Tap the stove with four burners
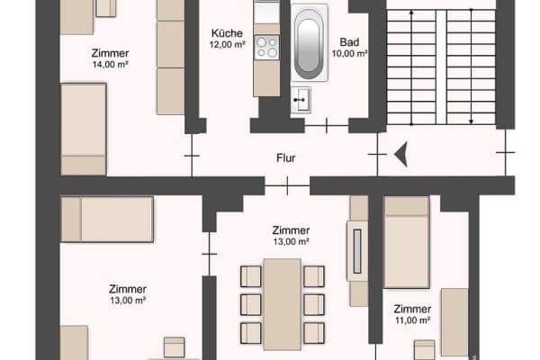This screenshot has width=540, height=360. click(x=266, y=48)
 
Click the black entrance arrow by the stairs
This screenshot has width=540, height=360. click(x=401, y=155)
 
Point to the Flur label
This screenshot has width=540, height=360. click(x=286, y=159)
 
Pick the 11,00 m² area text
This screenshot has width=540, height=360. click(x=411, y=320)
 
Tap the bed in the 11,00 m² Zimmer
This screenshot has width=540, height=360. click(x=407, y=241)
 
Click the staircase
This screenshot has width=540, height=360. click(x=441, y=67)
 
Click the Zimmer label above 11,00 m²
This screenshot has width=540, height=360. click(x=411, y=308)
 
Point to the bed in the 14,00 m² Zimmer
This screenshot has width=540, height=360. click(x=83, y=128)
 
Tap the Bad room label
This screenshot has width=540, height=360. click(x=351, y=41)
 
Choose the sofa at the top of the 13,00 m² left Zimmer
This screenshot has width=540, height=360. click(x=106, y=219)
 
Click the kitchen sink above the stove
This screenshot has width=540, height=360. click(x=266, y=13)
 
